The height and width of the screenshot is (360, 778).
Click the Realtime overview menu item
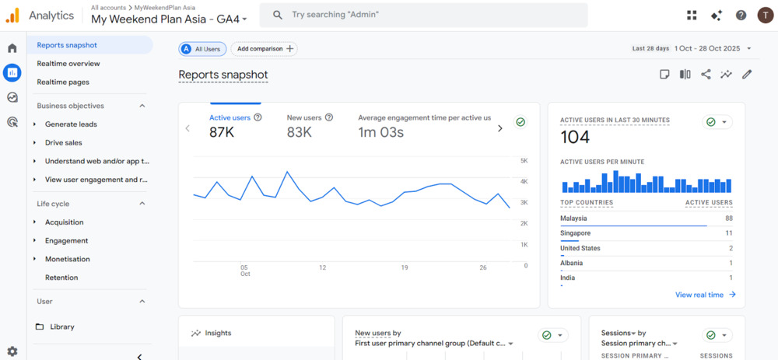(x=68, y=64)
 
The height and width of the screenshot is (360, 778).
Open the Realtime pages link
(x=63, y=82)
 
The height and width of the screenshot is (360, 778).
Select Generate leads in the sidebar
(x=71, y=124)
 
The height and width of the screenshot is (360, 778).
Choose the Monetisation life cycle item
(x=67, y=259)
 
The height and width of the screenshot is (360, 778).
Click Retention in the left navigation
(x=61, y=278)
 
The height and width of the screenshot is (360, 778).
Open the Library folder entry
(x=61, y=327)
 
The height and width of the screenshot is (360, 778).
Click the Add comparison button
(x=265, y=49)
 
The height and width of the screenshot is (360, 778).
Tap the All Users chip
(x=203, y=49)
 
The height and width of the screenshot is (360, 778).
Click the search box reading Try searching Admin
(x=423, y=15)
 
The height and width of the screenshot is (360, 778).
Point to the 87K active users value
(x=222, y=132)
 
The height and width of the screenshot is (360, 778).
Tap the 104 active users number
(x=575, y=138)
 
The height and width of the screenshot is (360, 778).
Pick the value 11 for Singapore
(x=728, y=233)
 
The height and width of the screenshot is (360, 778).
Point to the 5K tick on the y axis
(x=524, y=161)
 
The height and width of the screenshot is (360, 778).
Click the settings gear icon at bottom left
(x=12, y=351)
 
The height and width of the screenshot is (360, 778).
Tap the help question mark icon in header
(x=741, y=16)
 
